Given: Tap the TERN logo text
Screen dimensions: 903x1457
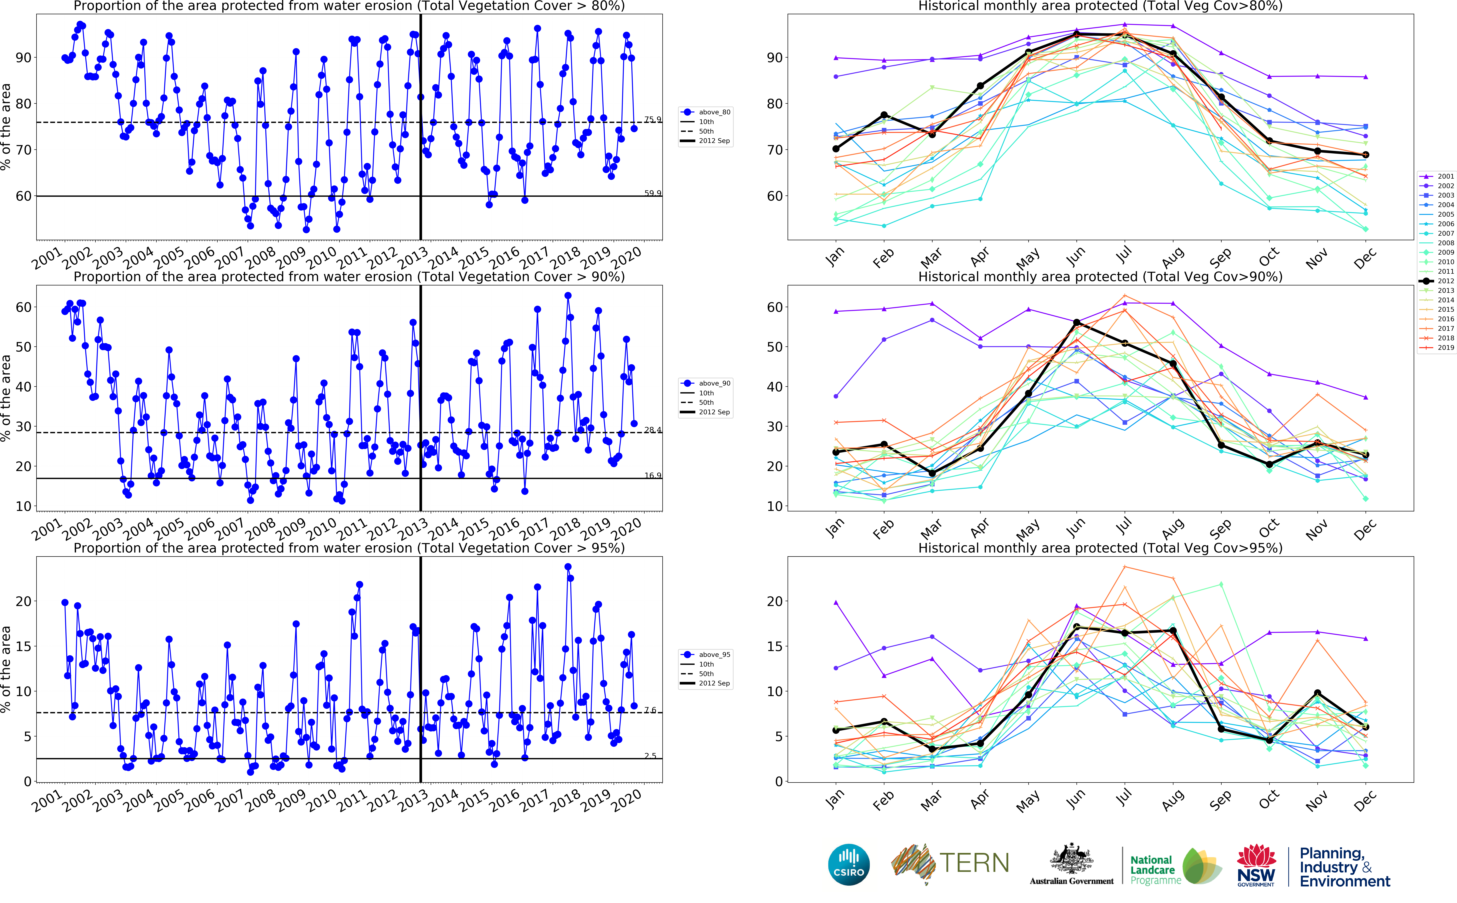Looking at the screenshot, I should [x=974, y=863].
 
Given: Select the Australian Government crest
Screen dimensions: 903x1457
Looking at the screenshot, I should [x=1071, y=860].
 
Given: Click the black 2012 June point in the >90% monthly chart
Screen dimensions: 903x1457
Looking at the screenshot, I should [x=1077, y=322].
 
